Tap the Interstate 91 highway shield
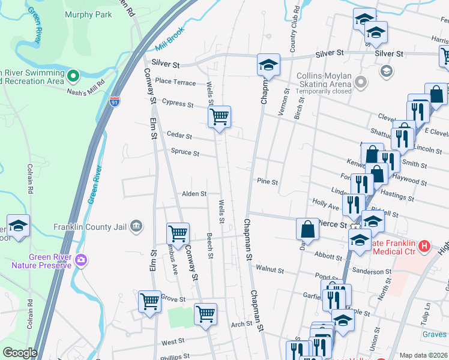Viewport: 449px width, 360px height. click(x=114, y=103)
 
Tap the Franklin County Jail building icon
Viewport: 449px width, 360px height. click(x=136, y=226)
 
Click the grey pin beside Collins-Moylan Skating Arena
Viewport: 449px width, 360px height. click(x=361, y=81)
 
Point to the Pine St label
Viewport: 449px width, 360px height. click(x=267, y=181)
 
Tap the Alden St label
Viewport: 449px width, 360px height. click(x=194, y=194)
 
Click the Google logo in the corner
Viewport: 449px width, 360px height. click(x=20, y=353)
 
